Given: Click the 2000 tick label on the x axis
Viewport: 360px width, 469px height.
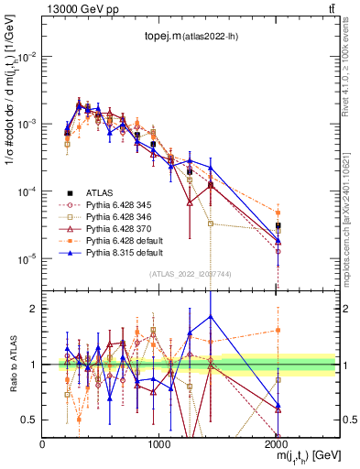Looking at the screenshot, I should pyautogui.click(x=277, y=443).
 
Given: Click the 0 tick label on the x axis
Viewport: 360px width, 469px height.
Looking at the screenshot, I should pyautogui.click(x=42, y=443).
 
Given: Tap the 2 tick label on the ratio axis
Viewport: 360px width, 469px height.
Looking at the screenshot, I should pyautogui.click(x=34, y=309).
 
